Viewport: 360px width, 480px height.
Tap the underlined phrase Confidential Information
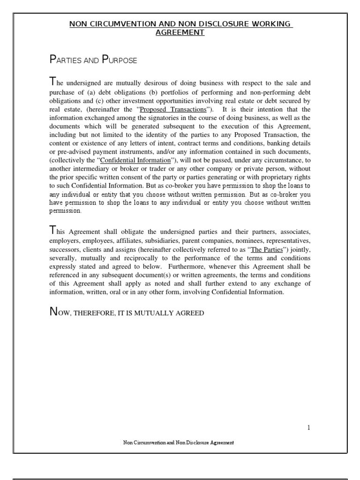point(136,160)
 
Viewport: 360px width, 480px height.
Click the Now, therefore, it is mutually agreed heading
point(127,313)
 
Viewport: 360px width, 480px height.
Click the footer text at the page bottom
point(178,442)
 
